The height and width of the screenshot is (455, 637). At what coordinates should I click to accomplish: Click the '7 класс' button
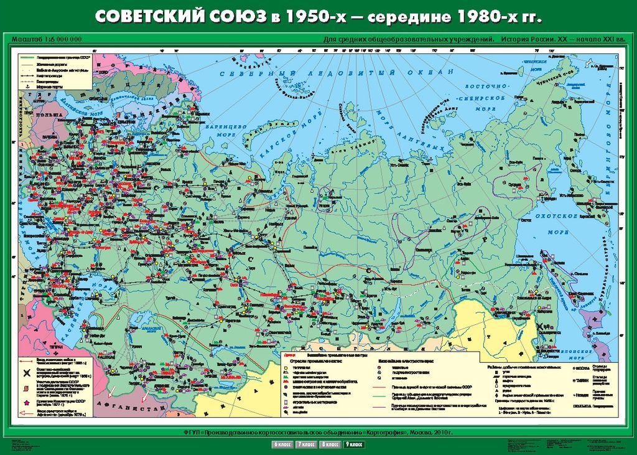[305, 444]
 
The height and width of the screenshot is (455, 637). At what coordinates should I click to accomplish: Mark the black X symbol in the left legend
[27, 373]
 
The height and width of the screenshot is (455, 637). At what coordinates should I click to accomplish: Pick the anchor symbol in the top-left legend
[27, 87]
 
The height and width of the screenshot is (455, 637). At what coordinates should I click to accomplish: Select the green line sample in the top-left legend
[27, 57]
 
